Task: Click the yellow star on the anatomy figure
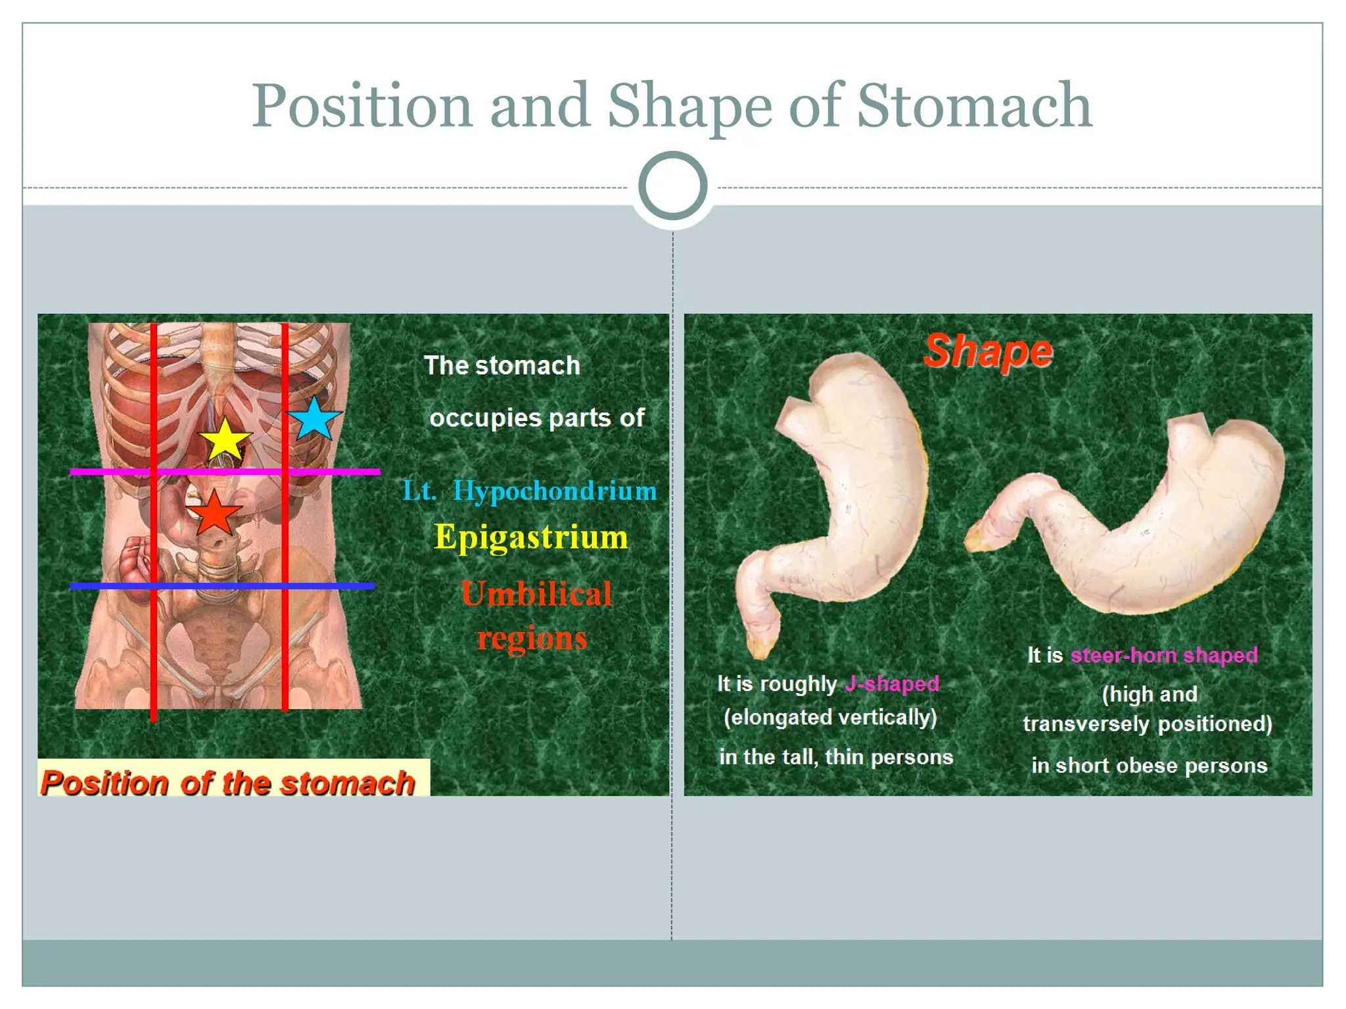[225, 440]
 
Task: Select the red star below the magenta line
[214, 513]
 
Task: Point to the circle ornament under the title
[672, 186]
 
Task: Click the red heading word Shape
[988, 351]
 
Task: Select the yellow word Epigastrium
[531, 537]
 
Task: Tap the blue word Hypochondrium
[555, 491]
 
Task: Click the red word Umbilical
[536, 594]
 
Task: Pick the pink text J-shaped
[892, 684]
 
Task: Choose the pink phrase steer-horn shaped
[1164, 655]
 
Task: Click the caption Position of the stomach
[228, 782]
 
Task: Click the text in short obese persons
[1149, 765]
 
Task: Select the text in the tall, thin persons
[836, 757]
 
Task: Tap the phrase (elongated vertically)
[830, 717]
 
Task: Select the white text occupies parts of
[537, 418]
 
